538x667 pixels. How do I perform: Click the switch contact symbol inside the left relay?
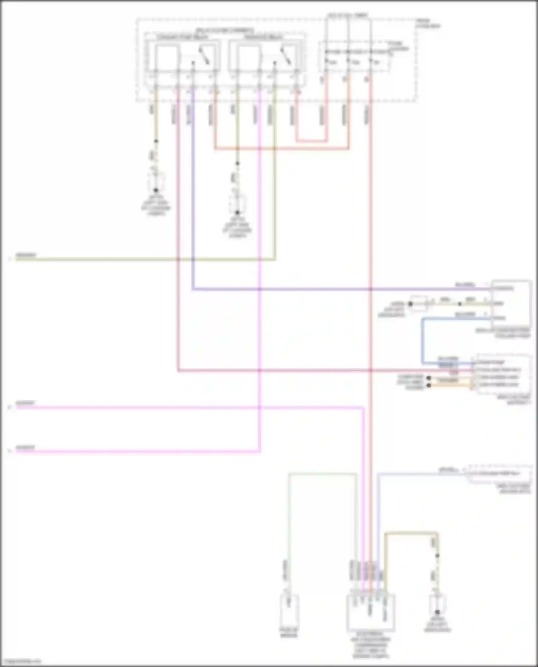pyautogui.click(x=204, y=57)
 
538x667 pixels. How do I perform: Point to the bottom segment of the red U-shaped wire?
pyautogui.click(x=311, y=141)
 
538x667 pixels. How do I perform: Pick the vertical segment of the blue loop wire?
pyautogui.click(x=423, y=340)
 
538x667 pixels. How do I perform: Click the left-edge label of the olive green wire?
pyautogui.click(x=25, y=255)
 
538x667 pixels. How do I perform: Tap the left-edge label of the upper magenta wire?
pyautogui.click(x=25, y=404)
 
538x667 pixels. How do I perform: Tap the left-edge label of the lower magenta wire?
pyautogui.click(x=25, y=448)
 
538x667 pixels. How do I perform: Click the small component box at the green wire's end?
pyautogui.click(x=289, y=606)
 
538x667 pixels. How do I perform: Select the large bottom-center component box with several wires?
pyautogui.click(x=371, y=613)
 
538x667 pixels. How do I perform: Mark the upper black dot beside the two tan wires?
pyautogui.click(x=428, y=378)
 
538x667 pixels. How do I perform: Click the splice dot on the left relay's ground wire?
pyautogui.click(x=156, y=141)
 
